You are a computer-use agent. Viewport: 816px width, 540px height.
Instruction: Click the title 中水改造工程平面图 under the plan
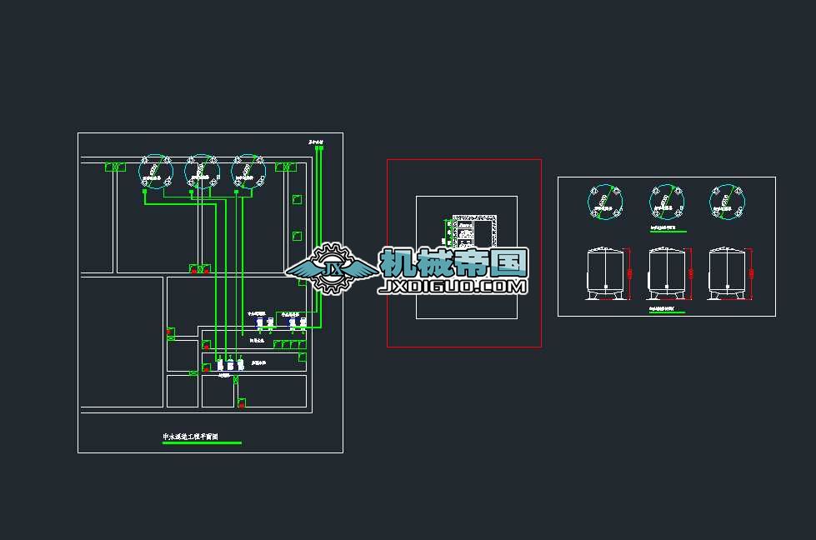point(200,437)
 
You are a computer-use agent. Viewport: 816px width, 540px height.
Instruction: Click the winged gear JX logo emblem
point(332,268)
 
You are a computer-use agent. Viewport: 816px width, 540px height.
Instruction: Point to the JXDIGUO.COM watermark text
point(453,287)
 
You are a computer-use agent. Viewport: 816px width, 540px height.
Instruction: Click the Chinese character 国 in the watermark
point(508,262)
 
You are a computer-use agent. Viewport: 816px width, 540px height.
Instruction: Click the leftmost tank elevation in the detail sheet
point(606,273)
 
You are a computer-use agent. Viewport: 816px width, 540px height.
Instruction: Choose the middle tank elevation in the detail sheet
point(666,273)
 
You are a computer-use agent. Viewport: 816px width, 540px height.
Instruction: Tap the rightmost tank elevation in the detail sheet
point(726,273)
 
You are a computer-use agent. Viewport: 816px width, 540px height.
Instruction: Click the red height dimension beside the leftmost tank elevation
point(630,273)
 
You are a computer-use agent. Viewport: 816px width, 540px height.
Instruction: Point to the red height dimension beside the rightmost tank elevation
point(750,273)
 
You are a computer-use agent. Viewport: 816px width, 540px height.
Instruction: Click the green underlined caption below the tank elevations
point(667,310)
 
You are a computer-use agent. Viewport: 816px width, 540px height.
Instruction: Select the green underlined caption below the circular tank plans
point(668,227)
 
